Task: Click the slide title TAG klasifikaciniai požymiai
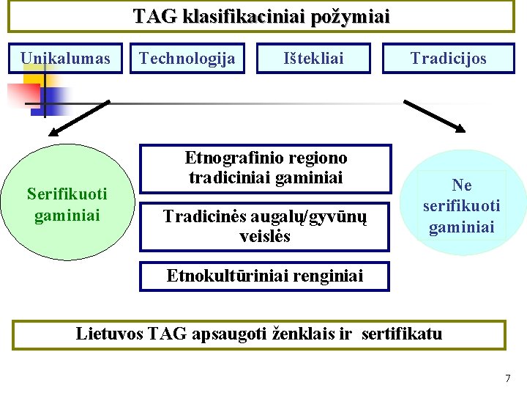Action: point(261,16)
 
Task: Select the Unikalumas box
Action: point(65,59)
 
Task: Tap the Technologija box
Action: point(187,59)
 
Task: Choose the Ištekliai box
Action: point(313,59)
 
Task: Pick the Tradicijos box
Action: point(448,59)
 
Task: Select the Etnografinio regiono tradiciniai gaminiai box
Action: point(266,168)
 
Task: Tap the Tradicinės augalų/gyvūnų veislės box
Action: point(265,226)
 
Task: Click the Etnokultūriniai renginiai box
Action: point(265,276)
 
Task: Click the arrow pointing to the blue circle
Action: point(435,117)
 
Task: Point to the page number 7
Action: point(508,378)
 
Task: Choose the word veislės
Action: point(265,236)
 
